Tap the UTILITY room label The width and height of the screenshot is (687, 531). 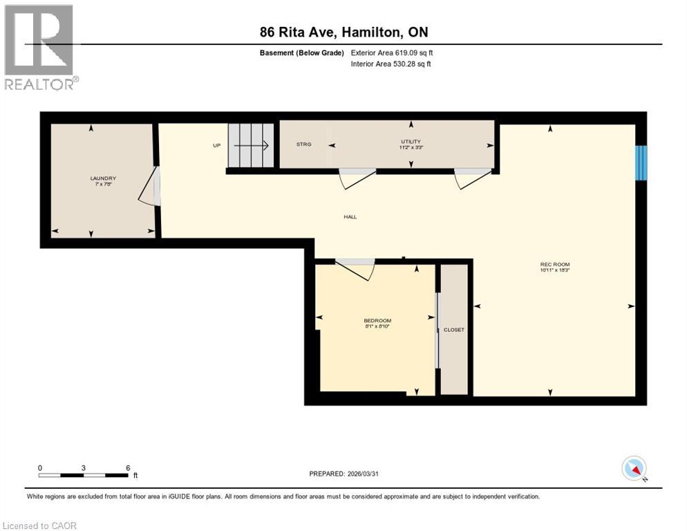(411, 142)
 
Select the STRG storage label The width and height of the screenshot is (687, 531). (303, 145)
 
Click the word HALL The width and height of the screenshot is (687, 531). (350, 217)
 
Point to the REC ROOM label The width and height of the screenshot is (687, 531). (555, 264)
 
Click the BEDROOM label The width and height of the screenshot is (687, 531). (377, 321)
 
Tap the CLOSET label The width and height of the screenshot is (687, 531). (454, 330)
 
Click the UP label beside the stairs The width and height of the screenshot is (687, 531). (216, 146)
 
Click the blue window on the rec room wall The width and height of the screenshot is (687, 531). (641, 161)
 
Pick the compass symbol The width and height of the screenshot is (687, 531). (634, 469)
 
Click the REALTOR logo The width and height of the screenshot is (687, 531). (40, 47)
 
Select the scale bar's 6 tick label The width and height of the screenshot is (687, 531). (128, 467)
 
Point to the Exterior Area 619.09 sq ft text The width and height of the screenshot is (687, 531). (392, 53)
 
